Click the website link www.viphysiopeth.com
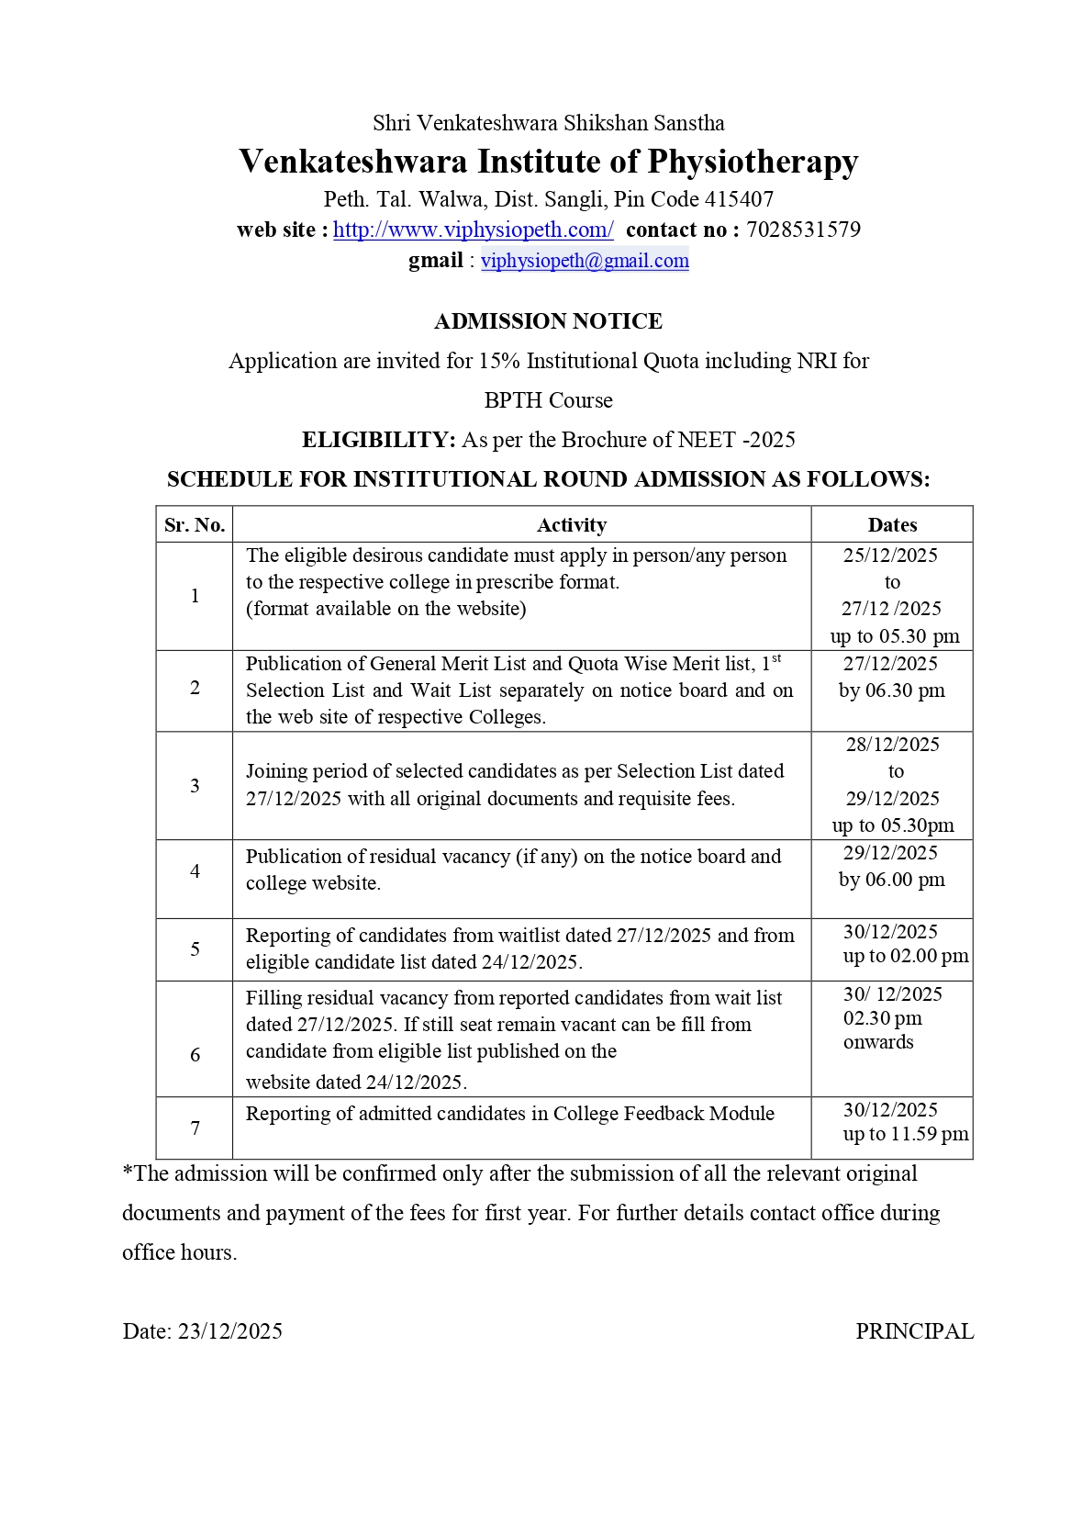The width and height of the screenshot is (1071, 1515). pos(473,230)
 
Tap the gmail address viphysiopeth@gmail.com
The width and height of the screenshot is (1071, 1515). pos(585,261)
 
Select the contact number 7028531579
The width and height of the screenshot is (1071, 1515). pos(803,230)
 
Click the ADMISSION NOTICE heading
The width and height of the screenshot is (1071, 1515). pos(548,321)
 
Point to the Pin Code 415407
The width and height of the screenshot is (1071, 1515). pos(739,199)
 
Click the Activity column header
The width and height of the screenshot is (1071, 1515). pos(571,525)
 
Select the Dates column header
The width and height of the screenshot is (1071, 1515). pos(892,525)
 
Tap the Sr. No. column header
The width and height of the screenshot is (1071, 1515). pos(195,525)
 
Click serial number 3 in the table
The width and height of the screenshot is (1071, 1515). pos(195,785)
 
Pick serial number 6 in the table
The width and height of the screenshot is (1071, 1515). pos(195,1055)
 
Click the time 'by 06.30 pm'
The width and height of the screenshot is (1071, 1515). pos(891,690)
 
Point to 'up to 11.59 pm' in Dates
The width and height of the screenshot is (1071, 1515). pos(905,1134)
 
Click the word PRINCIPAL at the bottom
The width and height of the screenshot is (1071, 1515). pos(914,1331)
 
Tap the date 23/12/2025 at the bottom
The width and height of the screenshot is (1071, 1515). pos(230,1331)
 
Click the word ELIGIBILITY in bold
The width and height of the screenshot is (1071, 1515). pos(378,440)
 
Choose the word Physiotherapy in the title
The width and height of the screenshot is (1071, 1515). pos(753,162)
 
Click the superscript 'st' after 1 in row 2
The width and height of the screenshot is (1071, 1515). pos(776,657)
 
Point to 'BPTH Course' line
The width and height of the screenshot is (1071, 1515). pos(548,400)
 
